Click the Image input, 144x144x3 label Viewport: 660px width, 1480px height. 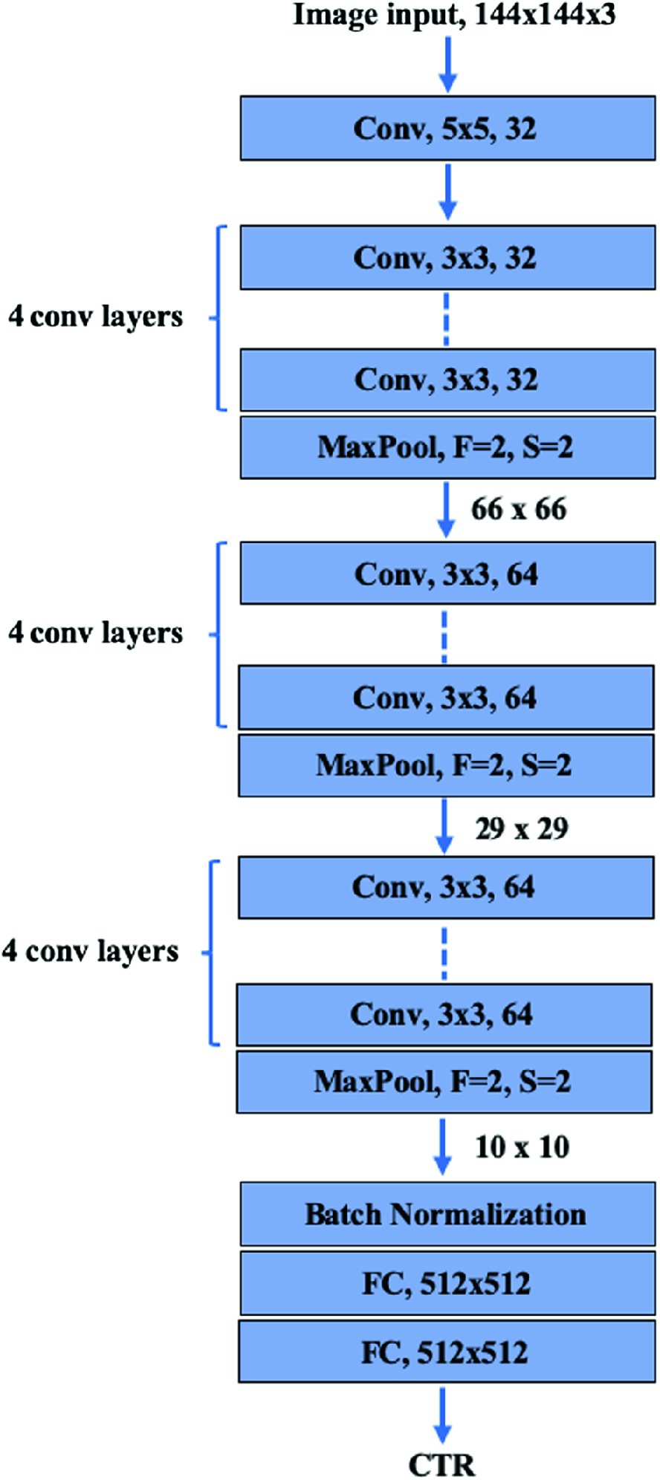tap(454, 15)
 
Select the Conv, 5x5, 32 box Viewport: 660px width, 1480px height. tap(447, 128)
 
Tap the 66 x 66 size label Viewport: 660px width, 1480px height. tap(519, 510)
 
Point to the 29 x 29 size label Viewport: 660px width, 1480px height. tap(522, 828)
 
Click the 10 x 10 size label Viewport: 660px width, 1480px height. tap(522, 1146)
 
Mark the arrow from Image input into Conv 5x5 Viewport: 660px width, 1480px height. tap(447, 64)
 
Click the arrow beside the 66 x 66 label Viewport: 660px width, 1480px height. tap(446, 510)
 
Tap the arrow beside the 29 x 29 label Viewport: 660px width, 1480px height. tap(444, 826)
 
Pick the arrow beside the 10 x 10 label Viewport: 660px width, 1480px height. tap(443, 1146)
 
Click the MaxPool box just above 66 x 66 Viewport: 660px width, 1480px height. tap(447, 447)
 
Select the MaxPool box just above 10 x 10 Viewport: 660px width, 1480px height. tap(444, 1082)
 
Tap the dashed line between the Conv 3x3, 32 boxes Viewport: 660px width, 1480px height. tap(446, 319)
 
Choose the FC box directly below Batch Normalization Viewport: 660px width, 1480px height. tap(447, 1283)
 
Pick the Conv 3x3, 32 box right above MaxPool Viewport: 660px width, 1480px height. tap(447, 380)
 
